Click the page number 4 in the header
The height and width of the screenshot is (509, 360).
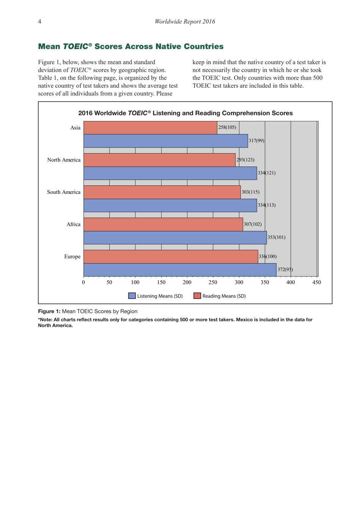[39, 22]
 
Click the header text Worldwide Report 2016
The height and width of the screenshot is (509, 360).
[185, 22]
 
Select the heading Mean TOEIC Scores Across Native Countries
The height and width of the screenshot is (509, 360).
[131, 46]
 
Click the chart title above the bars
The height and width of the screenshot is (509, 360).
[185, 113]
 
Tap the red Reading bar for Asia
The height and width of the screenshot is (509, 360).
[150, 128]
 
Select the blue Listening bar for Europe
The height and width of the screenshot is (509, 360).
[180, 270]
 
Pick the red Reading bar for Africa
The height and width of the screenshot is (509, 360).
[163, 224]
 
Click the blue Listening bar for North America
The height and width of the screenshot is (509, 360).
[170, 173]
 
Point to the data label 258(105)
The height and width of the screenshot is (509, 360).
[227, 127]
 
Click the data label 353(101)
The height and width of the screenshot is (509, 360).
[276, 237]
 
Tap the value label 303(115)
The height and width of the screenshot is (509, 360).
[250, 192]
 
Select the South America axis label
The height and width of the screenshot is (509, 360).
[64, 192]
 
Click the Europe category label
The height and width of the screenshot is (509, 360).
[72, 257]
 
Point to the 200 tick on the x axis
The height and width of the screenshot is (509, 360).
[187, 283]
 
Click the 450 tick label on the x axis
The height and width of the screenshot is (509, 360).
[316, 283]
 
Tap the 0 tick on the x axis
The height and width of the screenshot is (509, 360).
[84, 283]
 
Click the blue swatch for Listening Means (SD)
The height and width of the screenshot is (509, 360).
[132, 296]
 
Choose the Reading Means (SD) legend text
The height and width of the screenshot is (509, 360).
[224, 296]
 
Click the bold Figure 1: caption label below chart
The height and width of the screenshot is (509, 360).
[49, 311]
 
